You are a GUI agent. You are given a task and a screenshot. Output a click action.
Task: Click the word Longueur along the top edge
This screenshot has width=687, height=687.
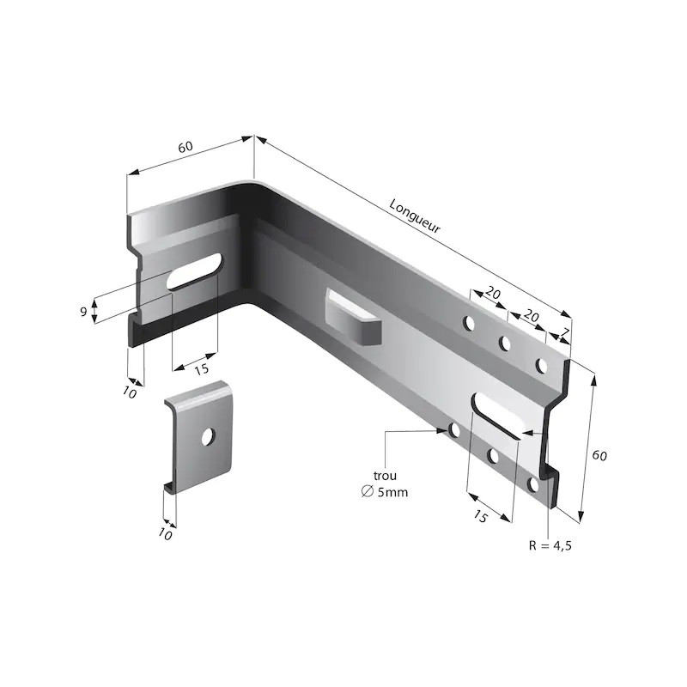click(x=415, y=218)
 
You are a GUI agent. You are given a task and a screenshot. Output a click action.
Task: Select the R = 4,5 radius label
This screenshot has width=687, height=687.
click(x=549, y=545)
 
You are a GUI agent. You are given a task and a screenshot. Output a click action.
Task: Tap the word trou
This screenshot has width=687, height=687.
click(x=386, y=475)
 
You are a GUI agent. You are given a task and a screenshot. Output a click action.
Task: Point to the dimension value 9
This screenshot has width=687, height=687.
click(x=83, y=311)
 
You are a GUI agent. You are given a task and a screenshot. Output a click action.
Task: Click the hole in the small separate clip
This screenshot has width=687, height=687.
click(x=207, y=436)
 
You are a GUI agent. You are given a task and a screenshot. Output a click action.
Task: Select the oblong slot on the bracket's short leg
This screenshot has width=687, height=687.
click(x=195, y=271)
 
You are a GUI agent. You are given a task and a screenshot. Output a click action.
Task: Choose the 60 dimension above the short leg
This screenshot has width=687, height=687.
click(x=185, y=147)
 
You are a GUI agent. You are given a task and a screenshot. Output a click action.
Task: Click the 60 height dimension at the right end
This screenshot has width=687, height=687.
click(x=599, y=455)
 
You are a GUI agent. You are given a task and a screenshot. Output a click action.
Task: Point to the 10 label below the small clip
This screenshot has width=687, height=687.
click(x=166, y=535)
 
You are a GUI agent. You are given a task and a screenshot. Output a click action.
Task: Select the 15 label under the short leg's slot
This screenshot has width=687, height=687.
click(x=201, y=369)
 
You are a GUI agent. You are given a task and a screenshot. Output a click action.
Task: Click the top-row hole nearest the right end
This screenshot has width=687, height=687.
click(x=542, y=366)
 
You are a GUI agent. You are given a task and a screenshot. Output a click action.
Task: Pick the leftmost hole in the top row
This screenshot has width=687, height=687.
click(x=469, y=324)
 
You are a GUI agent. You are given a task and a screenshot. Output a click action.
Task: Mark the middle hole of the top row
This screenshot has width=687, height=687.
click(x=505, y=344)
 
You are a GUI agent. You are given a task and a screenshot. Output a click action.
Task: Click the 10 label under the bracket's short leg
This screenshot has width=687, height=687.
click(x=131, y=392)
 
